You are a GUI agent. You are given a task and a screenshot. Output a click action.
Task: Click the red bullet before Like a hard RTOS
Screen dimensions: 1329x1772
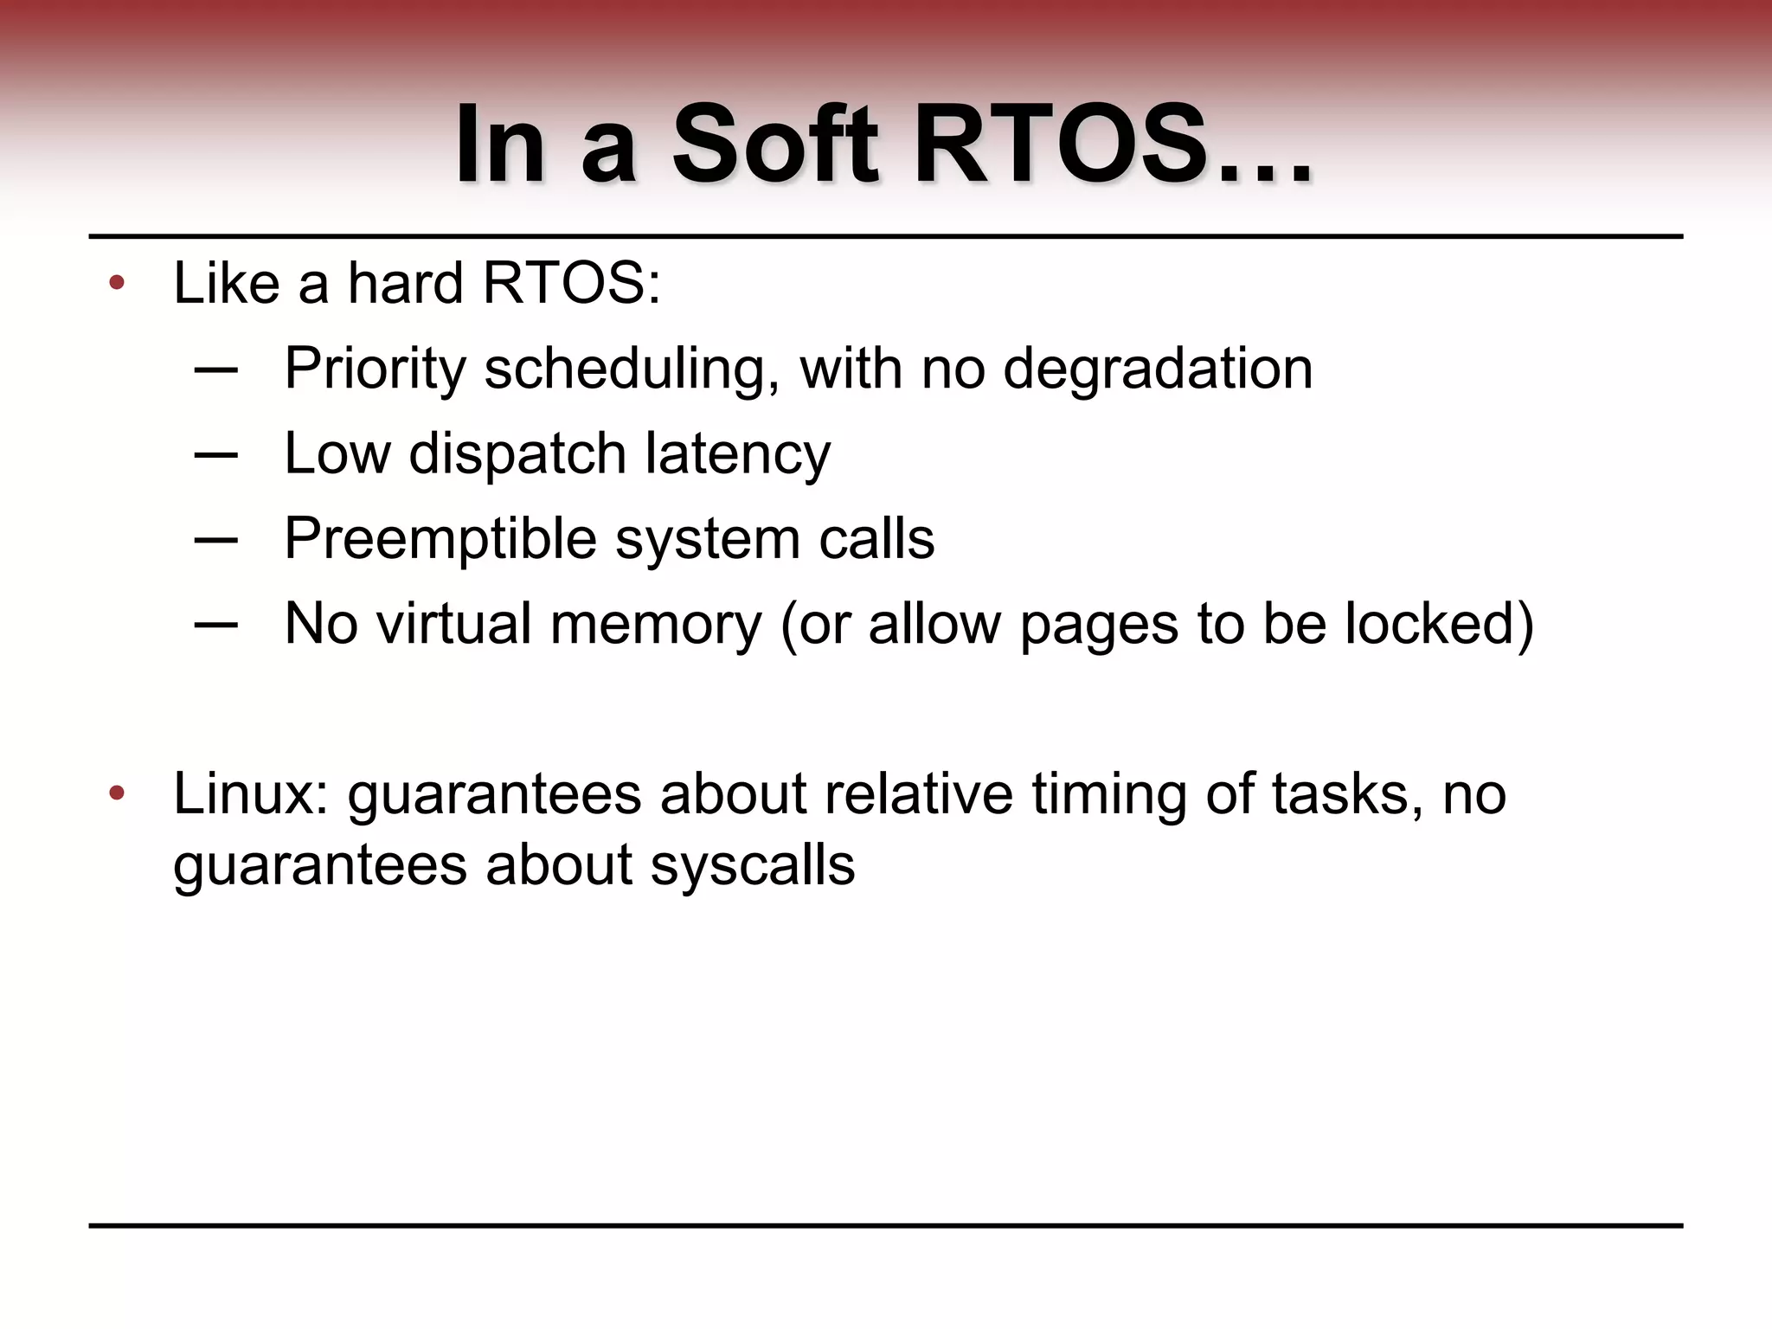pyautogui.click(x=117, y=283)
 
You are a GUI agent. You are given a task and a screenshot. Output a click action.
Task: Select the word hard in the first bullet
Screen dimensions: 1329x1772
pyautogui.click(x=405, y=283)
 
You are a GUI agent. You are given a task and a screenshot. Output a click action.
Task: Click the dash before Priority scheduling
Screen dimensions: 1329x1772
pyautogui.click(x=216, y=369)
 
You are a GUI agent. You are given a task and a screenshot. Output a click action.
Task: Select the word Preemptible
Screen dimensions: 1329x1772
pyautogui.click(x=440, y=539)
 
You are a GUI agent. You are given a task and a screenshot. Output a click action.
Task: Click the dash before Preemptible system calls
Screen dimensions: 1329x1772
pyautogui.click(x=216, y=540)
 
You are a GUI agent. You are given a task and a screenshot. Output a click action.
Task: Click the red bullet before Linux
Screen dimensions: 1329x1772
pyautogui.click(x=117, y=793)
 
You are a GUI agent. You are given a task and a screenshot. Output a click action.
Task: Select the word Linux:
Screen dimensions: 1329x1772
pyautogui.click(x=251, y=793)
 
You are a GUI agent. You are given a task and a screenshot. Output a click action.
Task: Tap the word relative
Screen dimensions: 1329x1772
pyautogui.click(x=918, y=793)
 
